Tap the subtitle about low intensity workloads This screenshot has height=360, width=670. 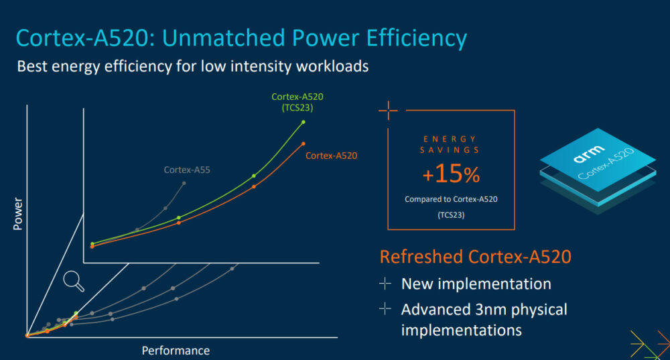192,67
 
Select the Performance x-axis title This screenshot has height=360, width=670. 176,351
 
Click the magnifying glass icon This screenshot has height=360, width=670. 73,281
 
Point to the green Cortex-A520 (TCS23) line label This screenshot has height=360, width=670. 297,101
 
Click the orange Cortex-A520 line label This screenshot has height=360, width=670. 331,156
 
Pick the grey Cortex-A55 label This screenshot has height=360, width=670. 187,170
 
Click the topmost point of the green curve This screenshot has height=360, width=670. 304,122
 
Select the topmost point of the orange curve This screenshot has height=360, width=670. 303,143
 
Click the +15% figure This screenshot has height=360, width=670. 451,175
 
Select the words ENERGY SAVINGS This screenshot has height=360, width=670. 450,144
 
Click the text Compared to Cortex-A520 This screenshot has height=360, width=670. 451,199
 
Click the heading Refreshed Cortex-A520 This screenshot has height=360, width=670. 475,257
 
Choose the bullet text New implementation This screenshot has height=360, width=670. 476,284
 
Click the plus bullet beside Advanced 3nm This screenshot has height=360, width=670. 385,309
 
